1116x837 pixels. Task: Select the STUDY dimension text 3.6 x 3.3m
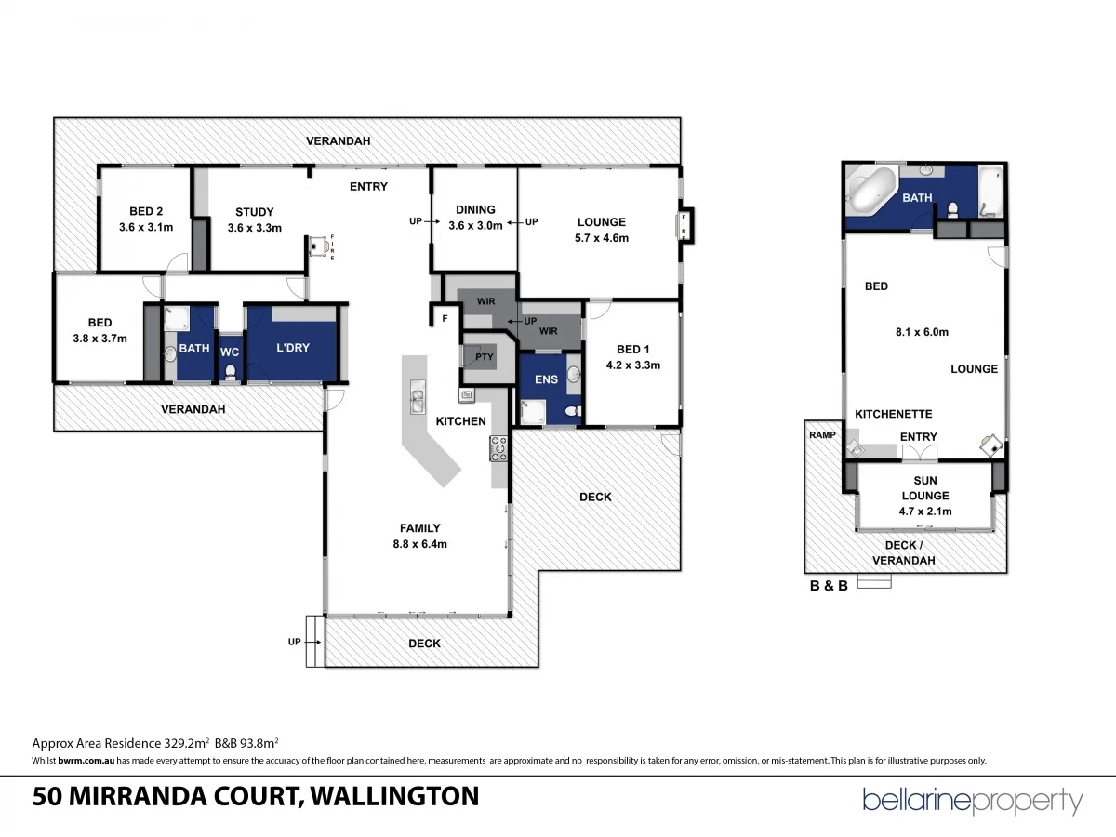pos(254,227)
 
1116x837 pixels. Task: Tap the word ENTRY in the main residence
pos(368,187)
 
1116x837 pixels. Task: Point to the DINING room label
pos(475,209)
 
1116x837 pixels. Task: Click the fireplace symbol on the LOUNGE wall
pos(684,226)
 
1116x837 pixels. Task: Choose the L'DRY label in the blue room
pos(292,348)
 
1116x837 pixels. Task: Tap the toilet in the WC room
pos(230,372)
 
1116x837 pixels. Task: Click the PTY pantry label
pos(484,356)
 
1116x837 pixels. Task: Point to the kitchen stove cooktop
pos(498,449)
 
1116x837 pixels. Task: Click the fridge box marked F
pos(445,318)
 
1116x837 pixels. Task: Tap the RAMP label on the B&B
pos(821,435)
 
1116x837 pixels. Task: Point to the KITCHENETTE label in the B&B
pos(894,414)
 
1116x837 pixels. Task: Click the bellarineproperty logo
pos(973,801)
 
